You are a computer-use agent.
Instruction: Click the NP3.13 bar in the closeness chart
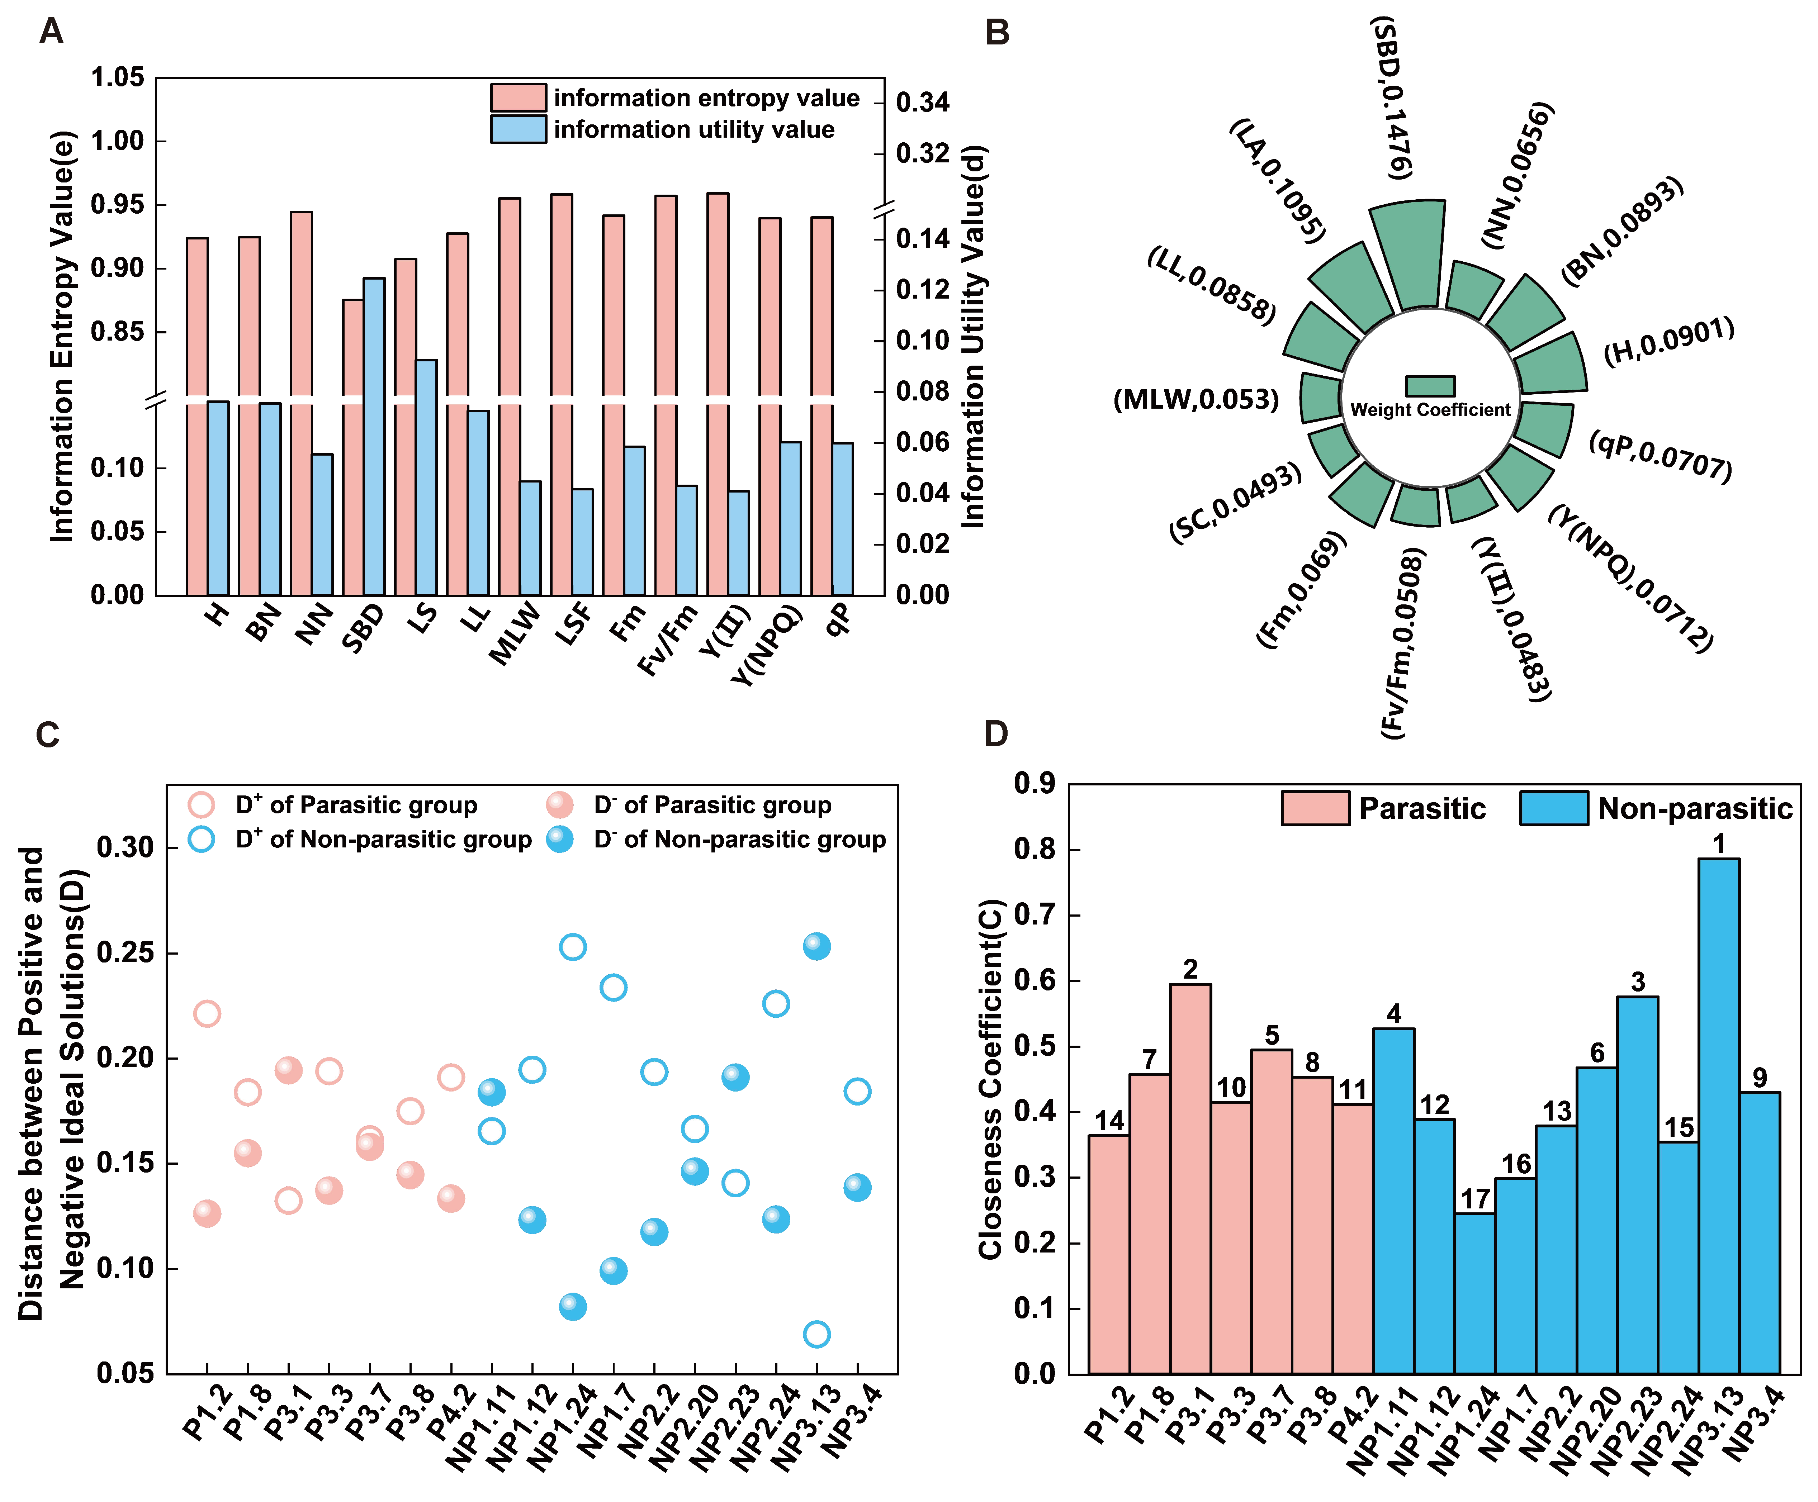point(1718,1116)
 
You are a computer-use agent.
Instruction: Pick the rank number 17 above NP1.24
point(1475,1199)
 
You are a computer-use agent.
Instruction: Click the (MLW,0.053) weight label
point(1196,400)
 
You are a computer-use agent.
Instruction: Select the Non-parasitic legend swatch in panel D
point(1553,808)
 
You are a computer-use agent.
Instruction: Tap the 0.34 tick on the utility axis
point(922,103)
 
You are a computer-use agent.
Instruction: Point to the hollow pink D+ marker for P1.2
point(207,1013)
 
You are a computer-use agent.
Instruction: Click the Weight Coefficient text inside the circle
point(1430,410)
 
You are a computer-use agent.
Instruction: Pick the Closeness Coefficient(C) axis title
point(989,1079)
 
